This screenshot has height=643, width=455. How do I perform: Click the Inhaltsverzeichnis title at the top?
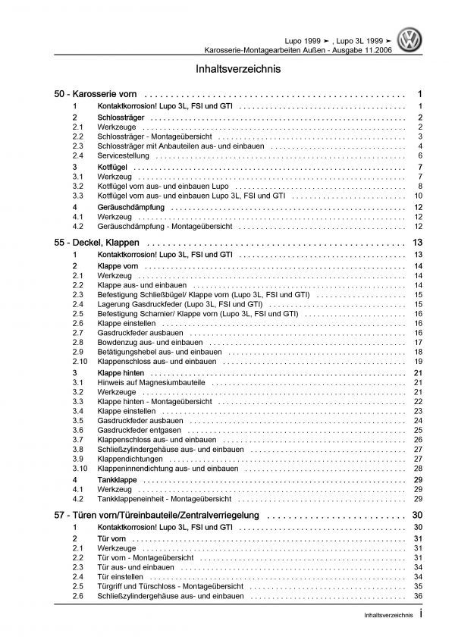227,68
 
